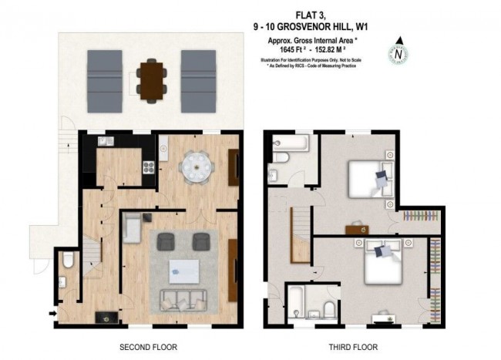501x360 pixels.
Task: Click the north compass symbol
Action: [398, 53]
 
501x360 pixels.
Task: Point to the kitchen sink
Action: [105, 141]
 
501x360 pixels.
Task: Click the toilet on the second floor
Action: [68, 262]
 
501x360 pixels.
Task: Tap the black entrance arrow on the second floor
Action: [52, 312]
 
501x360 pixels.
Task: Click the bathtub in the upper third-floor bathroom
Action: [290, 143]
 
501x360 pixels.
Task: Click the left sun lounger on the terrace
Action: [104, 80]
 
